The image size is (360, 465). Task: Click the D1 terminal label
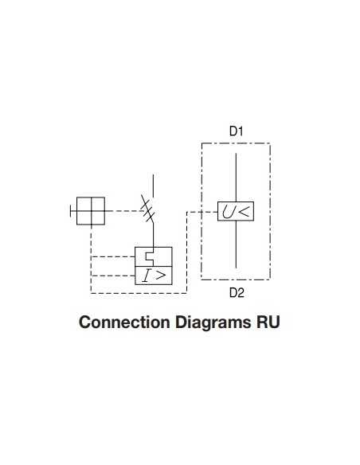pos(236,131)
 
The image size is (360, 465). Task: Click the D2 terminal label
pos(236,293)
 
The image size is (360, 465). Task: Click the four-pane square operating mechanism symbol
pos(90,211)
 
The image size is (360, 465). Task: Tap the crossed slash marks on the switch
pos(147,209)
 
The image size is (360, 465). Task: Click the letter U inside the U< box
pos(229,211)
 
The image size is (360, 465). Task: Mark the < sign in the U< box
pos(244,211)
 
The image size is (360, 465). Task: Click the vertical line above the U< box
pos(236,175)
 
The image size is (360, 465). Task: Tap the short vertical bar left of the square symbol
pos(71,211)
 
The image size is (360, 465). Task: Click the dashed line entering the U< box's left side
pos(202,211)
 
